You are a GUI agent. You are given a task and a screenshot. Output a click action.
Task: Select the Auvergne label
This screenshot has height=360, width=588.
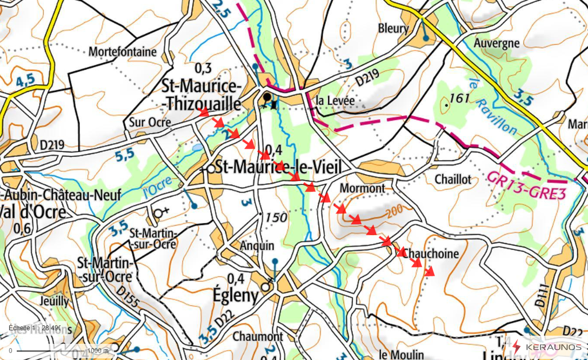[496, 43]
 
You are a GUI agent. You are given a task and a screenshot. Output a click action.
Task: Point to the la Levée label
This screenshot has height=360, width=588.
[335, 101]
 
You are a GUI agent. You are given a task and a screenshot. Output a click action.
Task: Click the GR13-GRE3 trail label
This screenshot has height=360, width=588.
[526, 185]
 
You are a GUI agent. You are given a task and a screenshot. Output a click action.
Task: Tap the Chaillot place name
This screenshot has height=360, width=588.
[453, 179]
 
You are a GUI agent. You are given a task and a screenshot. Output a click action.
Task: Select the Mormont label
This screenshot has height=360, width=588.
[362, 188]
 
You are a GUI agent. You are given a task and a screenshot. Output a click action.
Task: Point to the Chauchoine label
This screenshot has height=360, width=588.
[431, 254]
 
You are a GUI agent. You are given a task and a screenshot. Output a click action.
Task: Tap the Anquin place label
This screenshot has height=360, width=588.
[257, 245]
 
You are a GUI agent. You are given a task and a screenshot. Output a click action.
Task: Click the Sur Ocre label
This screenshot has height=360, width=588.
[150, 123]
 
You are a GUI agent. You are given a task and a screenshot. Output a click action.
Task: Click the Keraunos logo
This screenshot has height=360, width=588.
[547, 346]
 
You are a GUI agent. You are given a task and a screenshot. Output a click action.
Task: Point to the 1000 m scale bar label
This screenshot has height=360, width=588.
[98, 351]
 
